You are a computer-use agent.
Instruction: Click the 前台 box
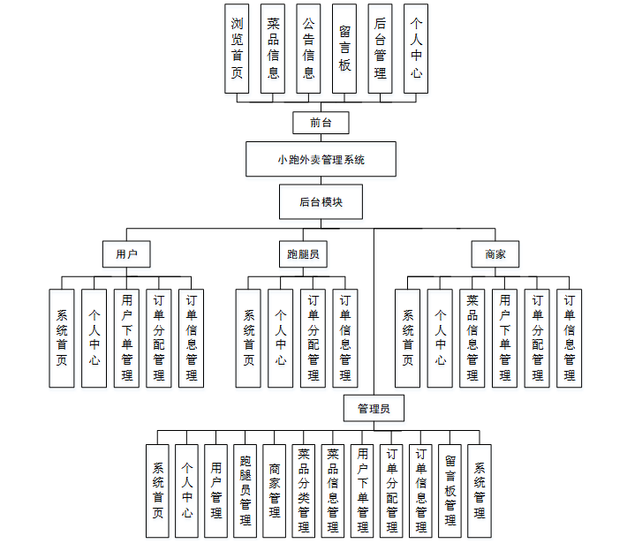pyautogui.click(x=321, y=123)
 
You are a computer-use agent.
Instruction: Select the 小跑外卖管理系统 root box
pyautogui.click(x=321, y=160)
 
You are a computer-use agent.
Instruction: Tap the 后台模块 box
pyautogui.click(x=321, y=201)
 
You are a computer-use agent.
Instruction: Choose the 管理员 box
pyautogui.click(x=374, y=409)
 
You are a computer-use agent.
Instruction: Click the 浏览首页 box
pyautogui.click(x=238, y=49)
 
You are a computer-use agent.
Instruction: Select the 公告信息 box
pyautogui.click(x=308, y=49)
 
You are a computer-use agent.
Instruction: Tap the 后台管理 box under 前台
pyautogui.click(x=381, y=49)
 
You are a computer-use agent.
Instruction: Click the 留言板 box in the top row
pyautogui.click(x=344, y=49)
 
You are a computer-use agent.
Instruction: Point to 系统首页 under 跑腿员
pyautogui.click(x=248, y=338)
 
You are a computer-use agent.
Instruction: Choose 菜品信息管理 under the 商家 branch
pyautogui.click(x=472, y=338)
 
